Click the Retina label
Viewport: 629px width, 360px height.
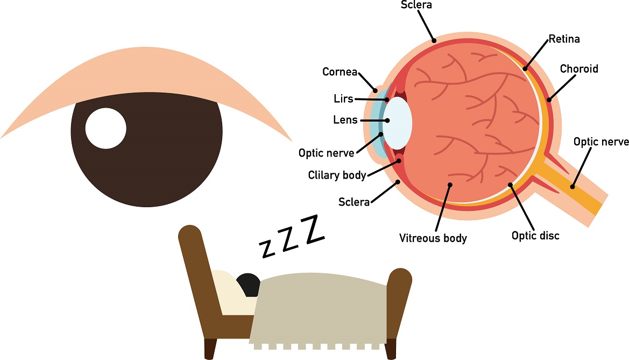point(564,39)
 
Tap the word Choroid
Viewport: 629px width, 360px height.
point(579,69)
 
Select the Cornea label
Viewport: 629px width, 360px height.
point(340,72)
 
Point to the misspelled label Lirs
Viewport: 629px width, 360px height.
point(343,98)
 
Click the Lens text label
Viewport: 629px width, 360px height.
point(345,119)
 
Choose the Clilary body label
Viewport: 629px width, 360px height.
point(337,175)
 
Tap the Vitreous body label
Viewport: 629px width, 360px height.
point(433,238)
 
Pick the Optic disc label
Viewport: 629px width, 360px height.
point(535,236)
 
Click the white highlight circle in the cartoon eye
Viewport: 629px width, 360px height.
point(106,129)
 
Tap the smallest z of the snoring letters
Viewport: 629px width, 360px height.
point(267,249)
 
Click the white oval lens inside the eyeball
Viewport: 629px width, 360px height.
point(398,123)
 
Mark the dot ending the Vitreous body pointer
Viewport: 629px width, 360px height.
point(450,185)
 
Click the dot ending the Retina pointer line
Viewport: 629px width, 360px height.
point(525,68)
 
